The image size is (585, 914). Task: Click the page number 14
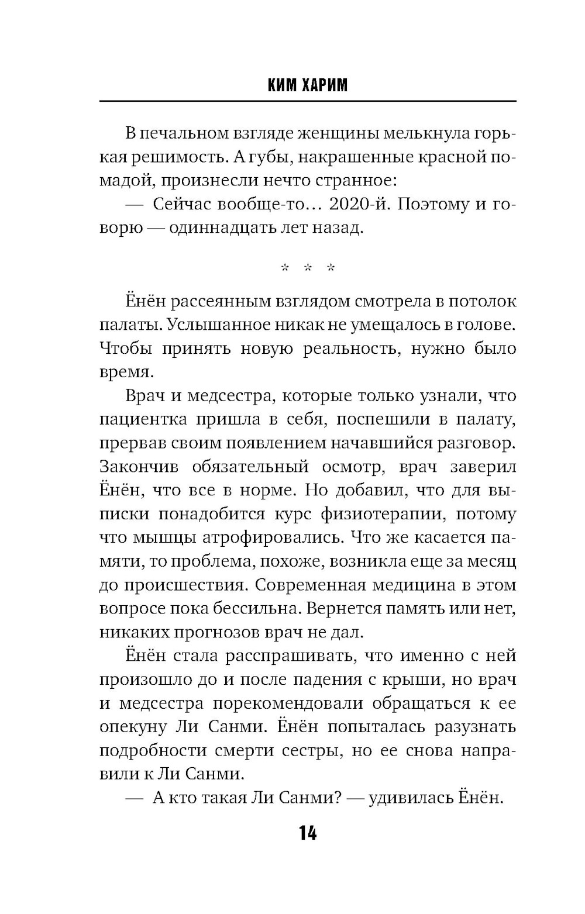(308, 833)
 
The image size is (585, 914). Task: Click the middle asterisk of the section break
(308, 268)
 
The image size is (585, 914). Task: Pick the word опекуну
(134, 727)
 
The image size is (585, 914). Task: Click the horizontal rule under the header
(308, 102)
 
